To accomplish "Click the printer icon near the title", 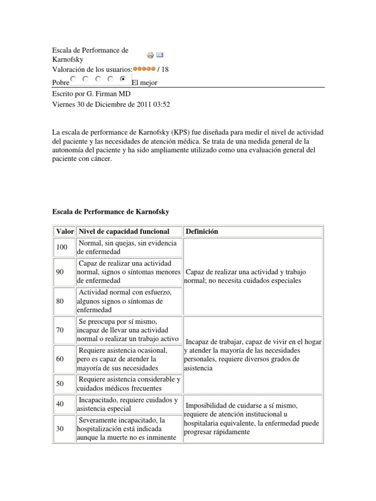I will pyautogui.click(x=151, y=55).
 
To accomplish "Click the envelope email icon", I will pyautogui.click(x=160, y=55).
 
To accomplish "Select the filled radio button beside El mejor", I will pyautogui.click(x=122, y=79).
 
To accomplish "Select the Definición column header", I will pyautogui.click(x=202, y=231).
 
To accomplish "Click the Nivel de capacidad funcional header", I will pyautogui.click(x=124, y=231).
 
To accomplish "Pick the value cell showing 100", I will pyautogui.click(x=62, y=247).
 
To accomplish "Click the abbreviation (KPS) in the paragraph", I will pyautogui.click(x=180, y=133).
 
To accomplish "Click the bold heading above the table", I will pyautogui.click(x=111, y=211).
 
